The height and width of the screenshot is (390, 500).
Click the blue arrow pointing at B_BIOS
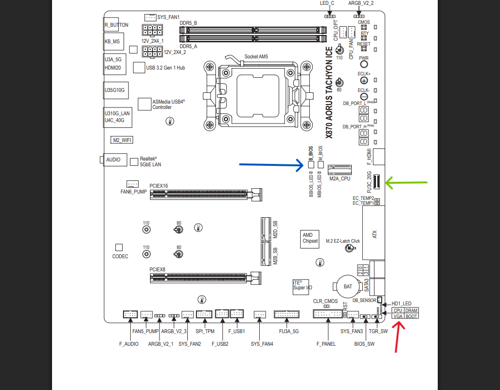(271, 165)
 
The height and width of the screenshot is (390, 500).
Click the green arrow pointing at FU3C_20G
(406, 183)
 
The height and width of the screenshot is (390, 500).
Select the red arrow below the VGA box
(397, 337)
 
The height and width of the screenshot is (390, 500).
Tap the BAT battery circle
(348, 287)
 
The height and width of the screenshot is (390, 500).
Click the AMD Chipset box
(310, 239)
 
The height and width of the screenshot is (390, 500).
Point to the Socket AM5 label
(256, 56)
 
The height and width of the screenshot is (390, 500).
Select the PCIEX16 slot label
(159, 186)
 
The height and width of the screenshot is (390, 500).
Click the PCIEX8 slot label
(157, 269)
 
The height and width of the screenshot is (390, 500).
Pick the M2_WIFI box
(122, 140)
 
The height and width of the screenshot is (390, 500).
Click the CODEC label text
(120, 256)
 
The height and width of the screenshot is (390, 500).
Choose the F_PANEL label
(326, 344)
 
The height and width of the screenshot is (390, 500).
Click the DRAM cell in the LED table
(411, 310)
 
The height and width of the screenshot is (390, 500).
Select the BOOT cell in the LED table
(411, 316)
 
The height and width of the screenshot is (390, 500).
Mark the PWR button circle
(364, 64)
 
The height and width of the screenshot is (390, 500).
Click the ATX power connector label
(375, 234)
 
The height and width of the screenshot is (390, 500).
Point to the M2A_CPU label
(339, 178)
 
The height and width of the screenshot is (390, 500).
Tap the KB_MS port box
(113, 41)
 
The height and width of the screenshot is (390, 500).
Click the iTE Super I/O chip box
(301, 287)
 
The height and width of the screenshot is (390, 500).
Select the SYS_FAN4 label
(262, 344)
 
